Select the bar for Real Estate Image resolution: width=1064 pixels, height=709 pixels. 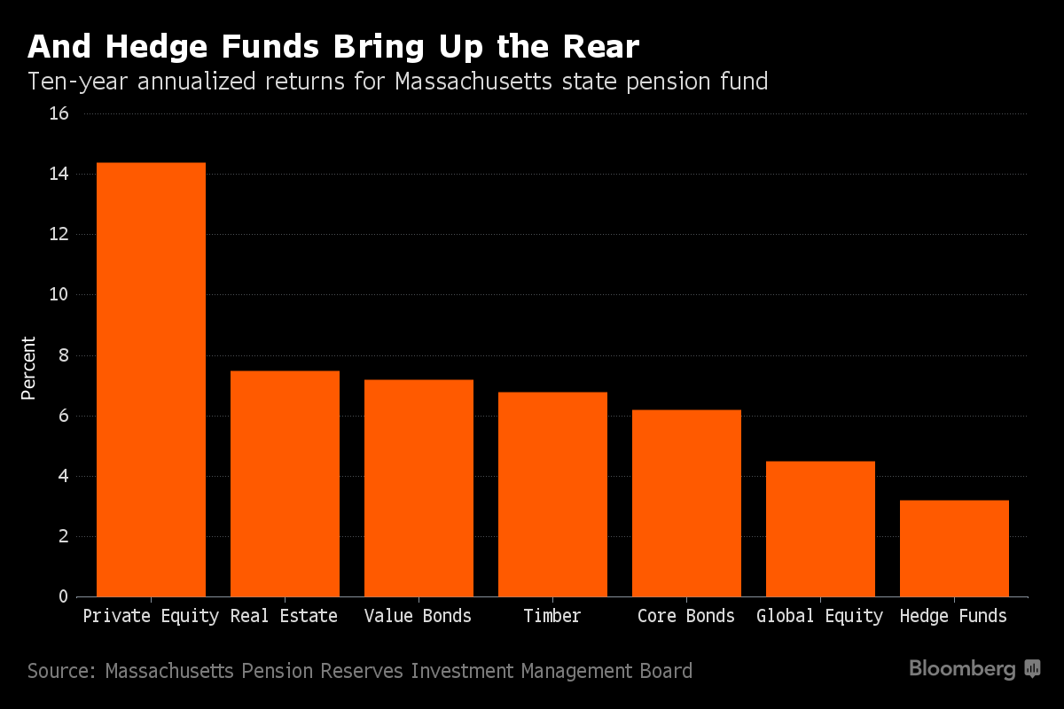pyautogui.click(x=285, y=483)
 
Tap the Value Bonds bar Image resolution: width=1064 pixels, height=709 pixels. pyautogui.click(x=419, y=487)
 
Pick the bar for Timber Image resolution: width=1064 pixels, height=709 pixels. pyautogui.click(x=552, y=494)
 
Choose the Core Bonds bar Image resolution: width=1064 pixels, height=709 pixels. pyautogui.click(x=686, y=503)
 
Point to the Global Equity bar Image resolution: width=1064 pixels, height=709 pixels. pyautogui.click(x=820, y=528)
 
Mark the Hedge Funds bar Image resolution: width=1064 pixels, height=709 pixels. pyautogui.click(x=954, y=548)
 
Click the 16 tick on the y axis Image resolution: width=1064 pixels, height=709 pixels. pyautogui.click(x=59, y=113)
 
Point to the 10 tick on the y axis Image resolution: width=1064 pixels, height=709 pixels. pyautogui.click(x=59, y=294)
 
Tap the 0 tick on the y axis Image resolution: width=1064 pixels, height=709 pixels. pyautogui.click(x=63, y=596)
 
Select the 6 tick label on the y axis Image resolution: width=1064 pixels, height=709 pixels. pyautogui.click(x=63, y=416)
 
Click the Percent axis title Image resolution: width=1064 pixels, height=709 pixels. pyautogui.click(x=29, y=368)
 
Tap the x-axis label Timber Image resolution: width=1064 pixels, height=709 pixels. pyautogui.click(x=552, y=616)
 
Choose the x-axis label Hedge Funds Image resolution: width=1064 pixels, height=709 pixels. pyautogui.click(x=953, y=616)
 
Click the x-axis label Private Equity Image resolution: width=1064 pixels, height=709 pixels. pyautogui.click(x=151, y=616)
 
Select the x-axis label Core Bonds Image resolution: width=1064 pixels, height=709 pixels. pyautogui.click(x=686, y=616)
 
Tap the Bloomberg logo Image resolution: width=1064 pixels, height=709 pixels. pyautogui.click(x=974, y=669)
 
